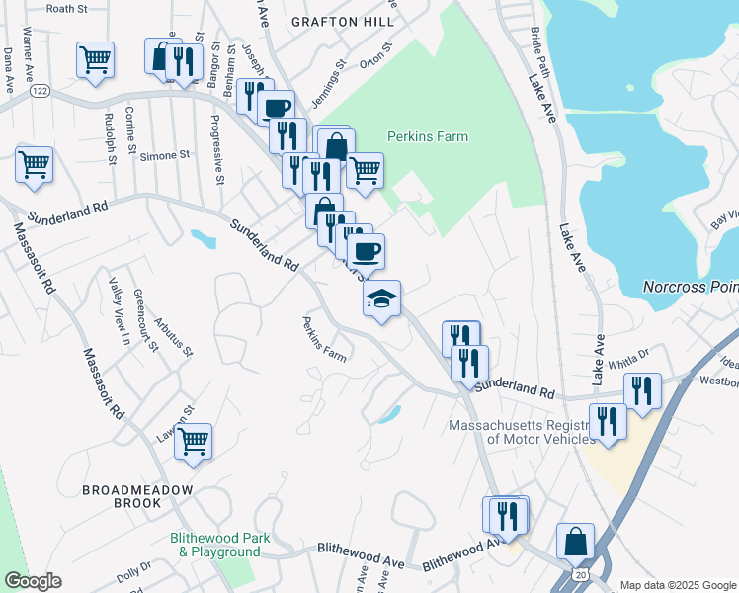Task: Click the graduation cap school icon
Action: point(381,298)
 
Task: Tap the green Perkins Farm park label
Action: point(427,136)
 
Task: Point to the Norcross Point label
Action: point(690,287)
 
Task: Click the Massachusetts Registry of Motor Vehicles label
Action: point(522,433)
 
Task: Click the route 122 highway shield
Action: point(40,90)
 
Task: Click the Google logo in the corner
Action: point(33,581)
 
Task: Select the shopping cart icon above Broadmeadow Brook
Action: point(193,441)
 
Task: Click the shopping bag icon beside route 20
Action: point(575,542)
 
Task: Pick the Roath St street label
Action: point(66,8)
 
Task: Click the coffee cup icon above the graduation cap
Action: point(366,251)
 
